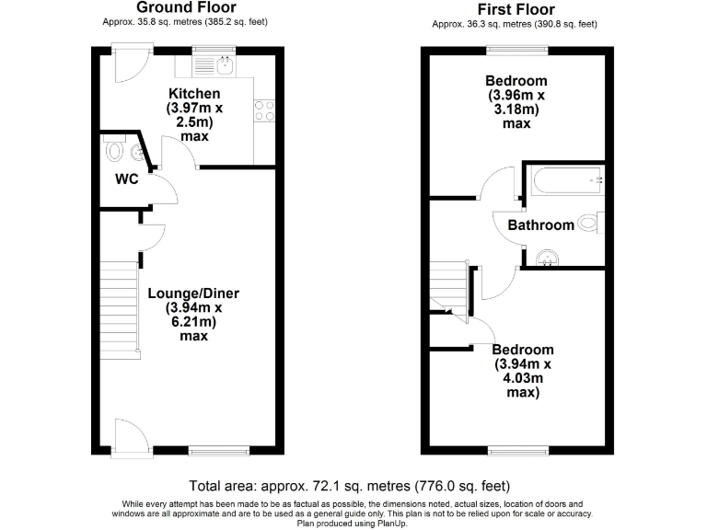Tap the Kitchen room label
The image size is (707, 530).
(x=193, y=94)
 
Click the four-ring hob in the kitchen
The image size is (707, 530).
(x=264, y=110)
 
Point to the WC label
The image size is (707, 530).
(x=126, y=179)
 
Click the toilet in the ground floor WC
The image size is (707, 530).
(x=116, y=150)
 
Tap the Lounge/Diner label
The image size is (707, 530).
(x=193, y=294)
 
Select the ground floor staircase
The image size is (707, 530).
(x=118, y=307)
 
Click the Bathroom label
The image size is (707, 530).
(x=541, y=225)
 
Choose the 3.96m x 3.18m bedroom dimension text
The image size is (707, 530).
(x=516, y=102)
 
